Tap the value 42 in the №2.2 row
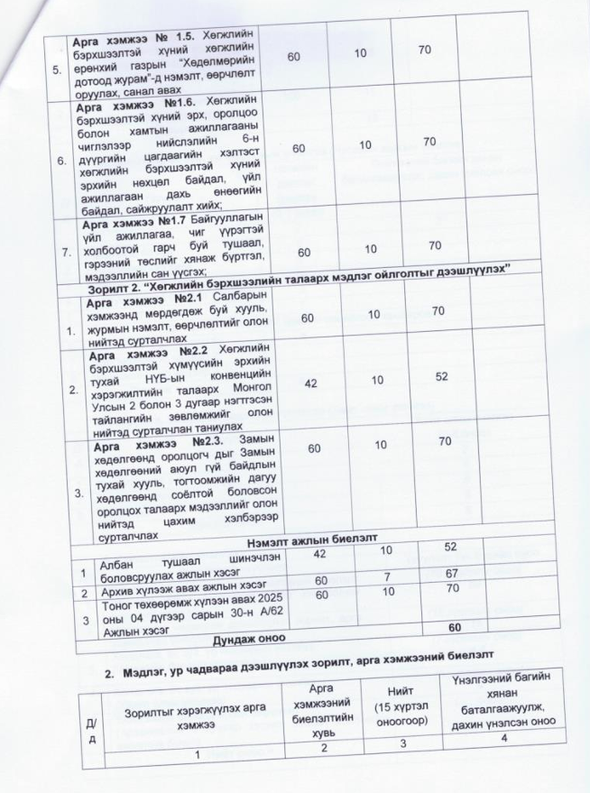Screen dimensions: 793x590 click(x=311, y=383)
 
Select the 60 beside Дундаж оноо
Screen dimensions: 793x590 click(x=455, y=627)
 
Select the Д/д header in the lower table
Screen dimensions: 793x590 click(x=89, y=724)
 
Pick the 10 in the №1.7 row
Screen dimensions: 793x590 click(x=366, y=245)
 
